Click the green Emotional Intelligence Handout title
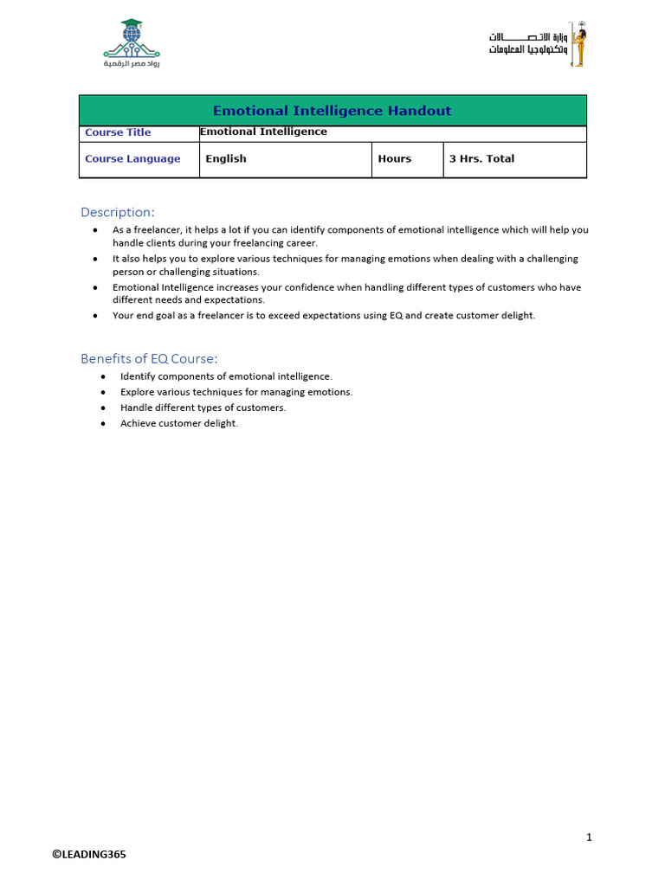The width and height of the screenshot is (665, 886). [332, 111]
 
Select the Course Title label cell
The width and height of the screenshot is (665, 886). [118, 132]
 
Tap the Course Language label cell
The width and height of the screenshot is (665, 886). [132, 159]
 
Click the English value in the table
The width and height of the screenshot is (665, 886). [226, 159]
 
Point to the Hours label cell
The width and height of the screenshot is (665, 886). [395, 159]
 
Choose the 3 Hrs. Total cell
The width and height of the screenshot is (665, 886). [481, 159]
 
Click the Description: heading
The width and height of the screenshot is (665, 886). [118, 212]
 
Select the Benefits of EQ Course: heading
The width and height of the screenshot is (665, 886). [149, 358]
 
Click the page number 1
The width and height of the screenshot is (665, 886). [589, 837]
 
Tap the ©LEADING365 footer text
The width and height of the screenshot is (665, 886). [88, 854]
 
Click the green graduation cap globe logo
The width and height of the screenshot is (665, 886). [131, 38]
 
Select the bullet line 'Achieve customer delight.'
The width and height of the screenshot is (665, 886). [179, 423]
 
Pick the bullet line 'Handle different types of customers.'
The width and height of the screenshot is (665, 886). [203, 408]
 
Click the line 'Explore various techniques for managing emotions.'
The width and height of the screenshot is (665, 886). [236, 392]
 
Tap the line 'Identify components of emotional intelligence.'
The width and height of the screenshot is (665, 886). [226, 376]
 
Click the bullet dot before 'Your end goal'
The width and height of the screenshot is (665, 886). [94, 316]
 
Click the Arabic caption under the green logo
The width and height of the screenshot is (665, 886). [132, 64]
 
